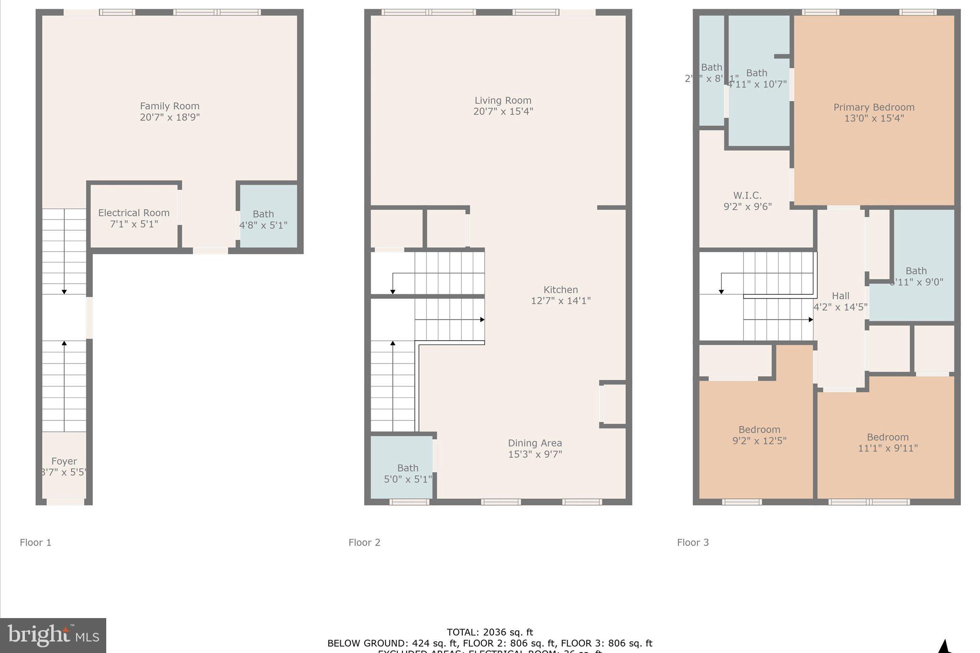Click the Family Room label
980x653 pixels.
[x=169, y=106]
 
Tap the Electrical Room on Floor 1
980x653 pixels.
[x=134, y=218]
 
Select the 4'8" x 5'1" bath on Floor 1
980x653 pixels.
[x=263, y=219]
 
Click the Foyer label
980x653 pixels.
[x=64, y=461]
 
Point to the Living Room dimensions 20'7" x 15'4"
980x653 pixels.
[x=503, y=111]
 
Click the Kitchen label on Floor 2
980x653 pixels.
[x=560, y=290]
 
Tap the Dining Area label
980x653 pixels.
[x=535, y=443]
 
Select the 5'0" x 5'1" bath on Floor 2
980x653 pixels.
[x=408, y=473]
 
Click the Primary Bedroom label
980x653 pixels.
[x=874, y=108]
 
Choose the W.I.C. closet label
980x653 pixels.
[x=747, y=196]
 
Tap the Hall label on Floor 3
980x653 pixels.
[x=840, y=296]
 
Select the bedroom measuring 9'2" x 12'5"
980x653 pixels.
[x=759, y=435]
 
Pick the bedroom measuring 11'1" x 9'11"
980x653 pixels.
[x=888, y=443]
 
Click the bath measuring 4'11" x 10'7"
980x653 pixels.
[x=757, y=78]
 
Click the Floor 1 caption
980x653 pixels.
[x=35, y=542]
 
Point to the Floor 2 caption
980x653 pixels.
[x=364, y=542]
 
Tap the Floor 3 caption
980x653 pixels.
[x=693, y=542]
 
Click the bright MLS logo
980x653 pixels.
[x=53, y=635]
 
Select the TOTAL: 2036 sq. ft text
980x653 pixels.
[x=490, y=632]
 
